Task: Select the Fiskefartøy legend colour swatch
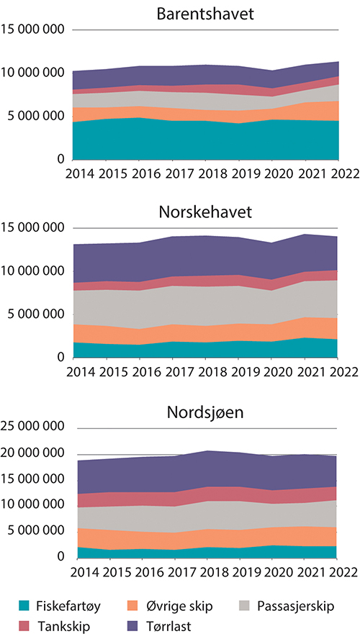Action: [26, 604]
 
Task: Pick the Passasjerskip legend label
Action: [297, 604]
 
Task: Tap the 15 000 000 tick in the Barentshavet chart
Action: [35, 30]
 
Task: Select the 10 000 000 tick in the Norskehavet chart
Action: [35, 271]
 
